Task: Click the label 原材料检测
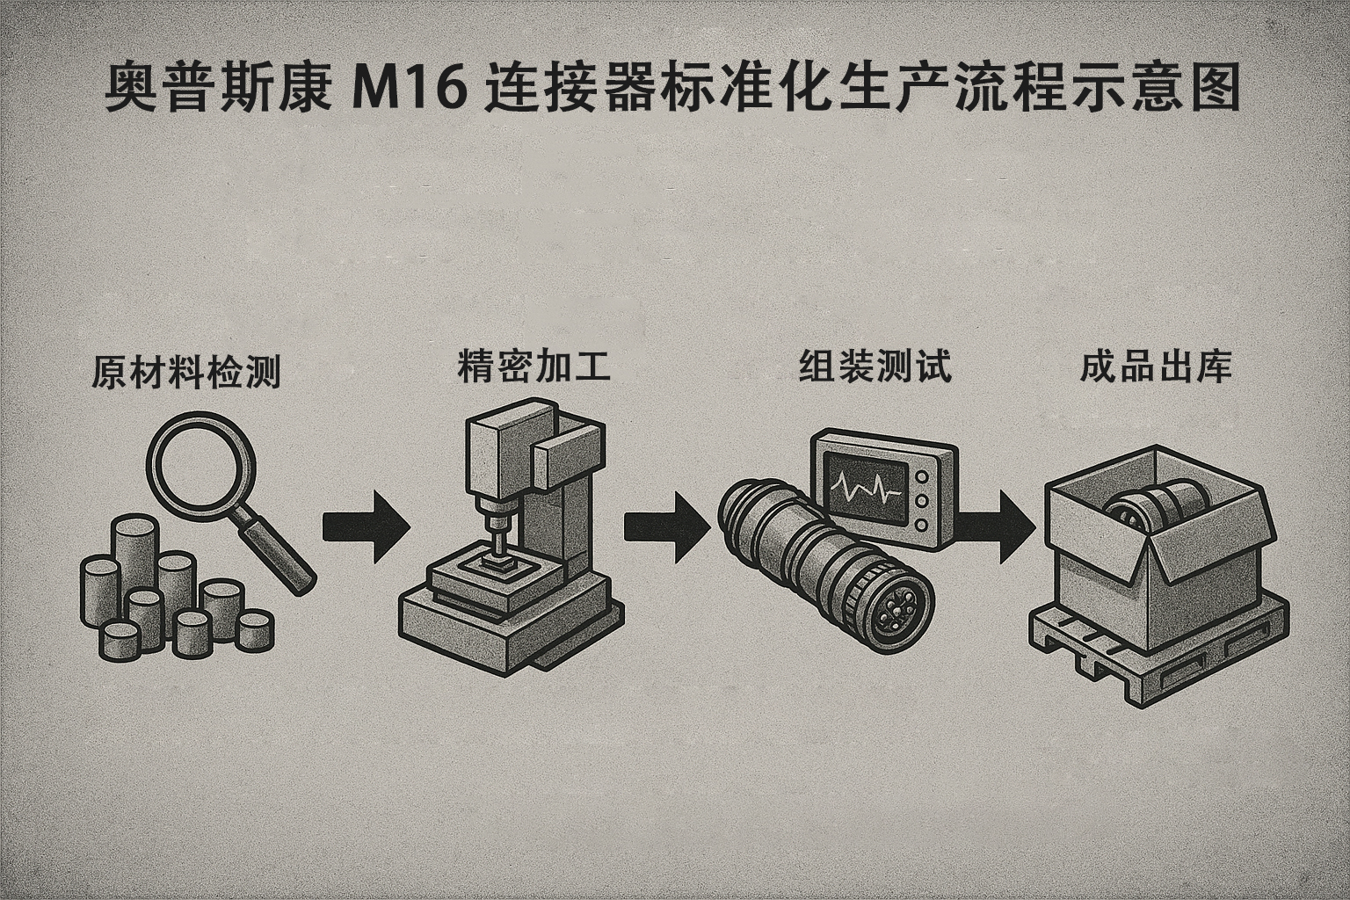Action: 186,373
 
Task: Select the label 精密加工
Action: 533,367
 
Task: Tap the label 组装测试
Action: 875,367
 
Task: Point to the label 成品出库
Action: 1155,367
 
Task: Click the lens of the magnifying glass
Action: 200,464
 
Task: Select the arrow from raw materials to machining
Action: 365,526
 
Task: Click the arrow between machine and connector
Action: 666,526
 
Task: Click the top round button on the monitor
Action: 922,476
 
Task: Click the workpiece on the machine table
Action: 497,565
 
